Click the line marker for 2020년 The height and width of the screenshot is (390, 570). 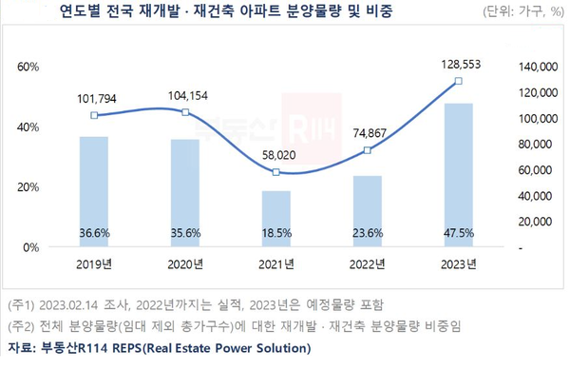(x=185, y=112)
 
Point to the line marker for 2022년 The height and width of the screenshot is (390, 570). (x=367, y=150)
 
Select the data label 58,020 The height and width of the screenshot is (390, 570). (x=275, y=154)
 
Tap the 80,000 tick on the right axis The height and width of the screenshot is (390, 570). (x=532, y=144)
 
